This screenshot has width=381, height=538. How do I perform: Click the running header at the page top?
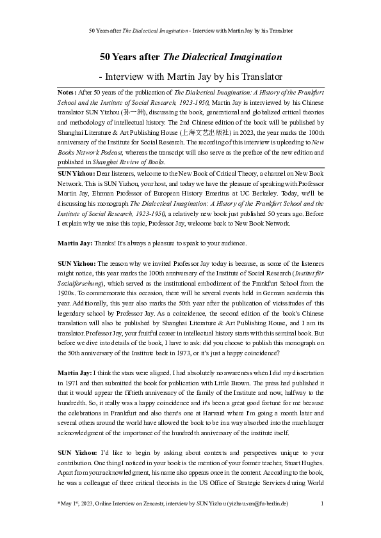tap(190, 31)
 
